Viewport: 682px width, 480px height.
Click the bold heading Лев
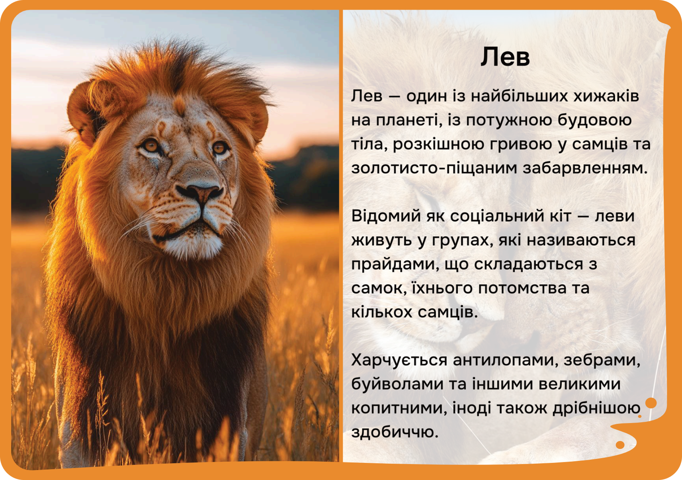click(x=505, y=57)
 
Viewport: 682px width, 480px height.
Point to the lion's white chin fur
click(x=193, y=245)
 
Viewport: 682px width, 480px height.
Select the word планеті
click(x=409, y=121)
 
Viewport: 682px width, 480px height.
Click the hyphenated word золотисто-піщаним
click(x=434, y=169)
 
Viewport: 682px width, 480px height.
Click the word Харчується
click(x=400, y=360)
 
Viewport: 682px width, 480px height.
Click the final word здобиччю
click(x=395, y=432)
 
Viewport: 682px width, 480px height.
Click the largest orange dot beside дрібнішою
click(x=651, y=403)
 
